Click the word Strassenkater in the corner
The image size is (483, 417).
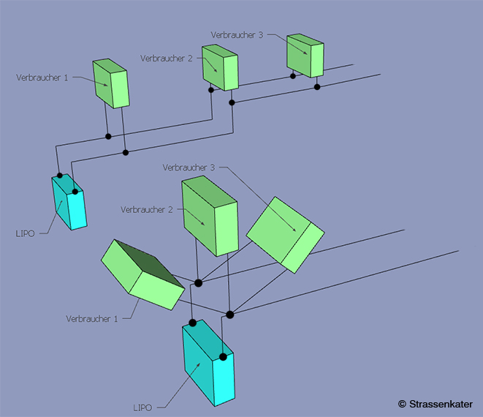tap(441, 404)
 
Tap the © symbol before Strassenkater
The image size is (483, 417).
tap(402, 404)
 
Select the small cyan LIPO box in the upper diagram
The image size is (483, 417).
tap(69, 203)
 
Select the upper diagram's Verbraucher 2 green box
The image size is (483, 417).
tap(221, 67)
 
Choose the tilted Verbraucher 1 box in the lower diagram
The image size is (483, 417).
tap(139, 276)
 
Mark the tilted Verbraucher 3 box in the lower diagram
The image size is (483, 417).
tap(285, 233)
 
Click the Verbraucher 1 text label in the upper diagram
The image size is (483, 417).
tap(42, 76)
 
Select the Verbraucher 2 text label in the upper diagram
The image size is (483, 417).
tap(165, 59)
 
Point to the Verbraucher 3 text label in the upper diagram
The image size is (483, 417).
tap(236, 34)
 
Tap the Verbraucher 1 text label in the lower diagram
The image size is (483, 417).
tap(92, 318)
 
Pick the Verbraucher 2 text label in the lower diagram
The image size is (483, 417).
tap(147, 209)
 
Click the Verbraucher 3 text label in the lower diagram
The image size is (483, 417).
tap(189, 168)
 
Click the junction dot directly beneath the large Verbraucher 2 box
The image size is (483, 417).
tap(198, 282)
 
